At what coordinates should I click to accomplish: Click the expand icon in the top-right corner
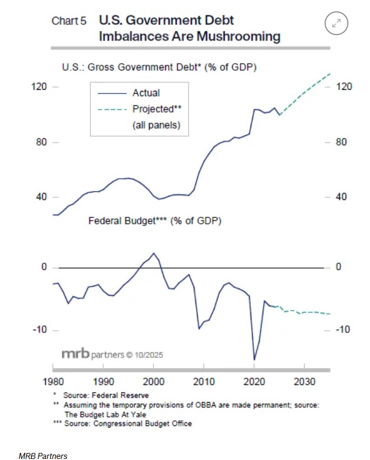pos(337,23)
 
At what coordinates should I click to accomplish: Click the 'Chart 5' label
pos(69,21)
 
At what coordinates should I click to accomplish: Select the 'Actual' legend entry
pos(146,93)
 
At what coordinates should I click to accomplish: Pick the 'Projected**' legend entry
pos(157,109)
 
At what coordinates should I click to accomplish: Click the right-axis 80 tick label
pos(340,143)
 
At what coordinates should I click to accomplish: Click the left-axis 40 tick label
pos(41,197)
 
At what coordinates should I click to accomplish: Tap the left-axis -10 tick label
pos(40,330)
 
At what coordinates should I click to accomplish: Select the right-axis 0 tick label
pos(338,268)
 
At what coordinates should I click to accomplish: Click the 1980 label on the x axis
pos(54,380)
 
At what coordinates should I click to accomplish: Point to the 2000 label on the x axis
pos(154,380)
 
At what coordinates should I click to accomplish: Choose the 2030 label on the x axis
pos(304,380)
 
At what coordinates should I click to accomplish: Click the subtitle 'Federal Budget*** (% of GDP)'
pos(154,221)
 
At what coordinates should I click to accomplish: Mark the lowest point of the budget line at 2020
pos(254,359)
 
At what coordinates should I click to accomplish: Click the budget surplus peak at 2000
pos(154,253)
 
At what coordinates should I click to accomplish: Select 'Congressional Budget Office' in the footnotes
pos(143,423)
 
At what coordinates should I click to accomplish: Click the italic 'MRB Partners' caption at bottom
pos(43,456)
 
